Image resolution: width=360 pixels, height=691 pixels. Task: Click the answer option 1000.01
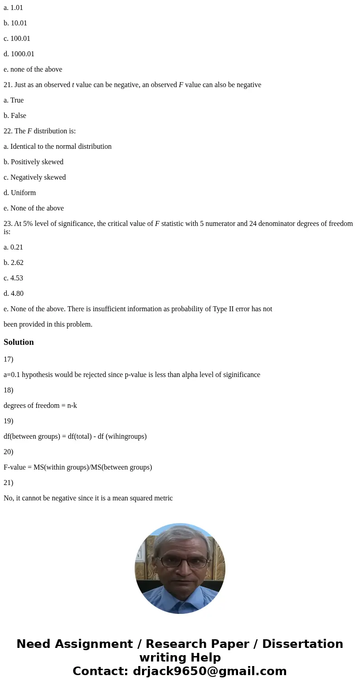pos(19,54)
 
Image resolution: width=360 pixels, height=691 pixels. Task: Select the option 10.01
pos(15,23)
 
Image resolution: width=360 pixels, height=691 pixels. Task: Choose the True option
pos(14,100)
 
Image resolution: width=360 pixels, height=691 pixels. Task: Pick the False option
pos(15,116)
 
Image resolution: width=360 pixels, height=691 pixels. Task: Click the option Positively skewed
pos(34,162)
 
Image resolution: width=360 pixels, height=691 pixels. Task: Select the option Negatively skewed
pos(34,177)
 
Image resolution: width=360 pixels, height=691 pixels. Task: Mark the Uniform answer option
pos(19,193)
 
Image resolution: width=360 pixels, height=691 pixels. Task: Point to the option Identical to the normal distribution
pos(58,147)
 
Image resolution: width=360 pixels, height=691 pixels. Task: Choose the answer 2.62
pos(14,263)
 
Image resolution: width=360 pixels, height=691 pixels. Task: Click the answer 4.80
pos(14,294)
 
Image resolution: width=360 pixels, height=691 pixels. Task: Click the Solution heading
pos(19,342)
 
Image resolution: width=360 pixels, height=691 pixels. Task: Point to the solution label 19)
pos(8,421)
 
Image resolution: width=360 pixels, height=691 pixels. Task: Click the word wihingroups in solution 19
pos(128,436)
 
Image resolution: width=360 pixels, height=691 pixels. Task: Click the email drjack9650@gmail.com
pos(209,671)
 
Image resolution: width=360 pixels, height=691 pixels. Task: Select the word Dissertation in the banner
pos(302,644)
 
